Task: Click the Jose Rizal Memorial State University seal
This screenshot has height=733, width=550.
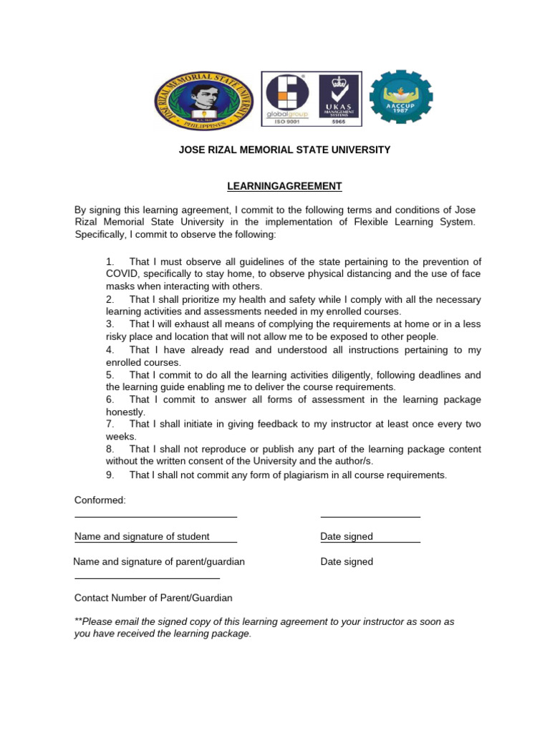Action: tap(204, 101)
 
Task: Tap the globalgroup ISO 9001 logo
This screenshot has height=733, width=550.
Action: tap(288, 98)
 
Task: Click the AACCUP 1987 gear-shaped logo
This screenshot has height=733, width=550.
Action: tap(400, 97)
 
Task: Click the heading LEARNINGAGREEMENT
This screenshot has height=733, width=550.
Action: tap(284, 186)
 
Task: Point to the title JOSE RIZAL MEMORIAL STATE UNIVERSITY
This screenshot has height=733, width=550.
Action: tap(284, 150)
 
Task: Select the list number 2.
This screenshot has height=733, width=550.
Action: tap(110, 299)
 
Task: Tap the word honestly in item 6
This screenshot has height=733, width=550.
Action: tap(125, 412)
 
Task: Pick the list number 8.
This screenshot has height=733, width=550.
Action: tap(110, 450)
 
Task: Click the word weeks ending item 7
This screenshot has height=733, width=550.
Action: tap(120, 437)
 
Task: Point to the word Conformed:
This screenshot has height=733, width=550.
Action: tap(100, 500)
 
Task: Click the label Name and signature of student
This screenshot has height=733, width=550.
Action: tap(142, 537)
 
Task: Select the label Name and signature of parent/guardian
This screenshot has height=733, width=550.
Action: tap(159, 562)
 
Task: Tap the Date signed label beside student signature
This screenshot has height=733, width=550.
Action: tap(347, 537)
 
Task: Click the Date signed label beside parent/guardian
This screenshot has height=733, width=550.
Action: tap(347, 562)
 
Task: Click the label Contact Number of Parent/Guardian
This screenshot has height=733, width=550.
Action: tap(153, 598)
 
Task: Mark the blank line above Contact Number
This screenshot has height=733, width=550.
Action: tap(147, 578)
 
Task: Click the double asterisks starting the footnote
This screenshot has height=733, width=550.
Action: tap(78, 621)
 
